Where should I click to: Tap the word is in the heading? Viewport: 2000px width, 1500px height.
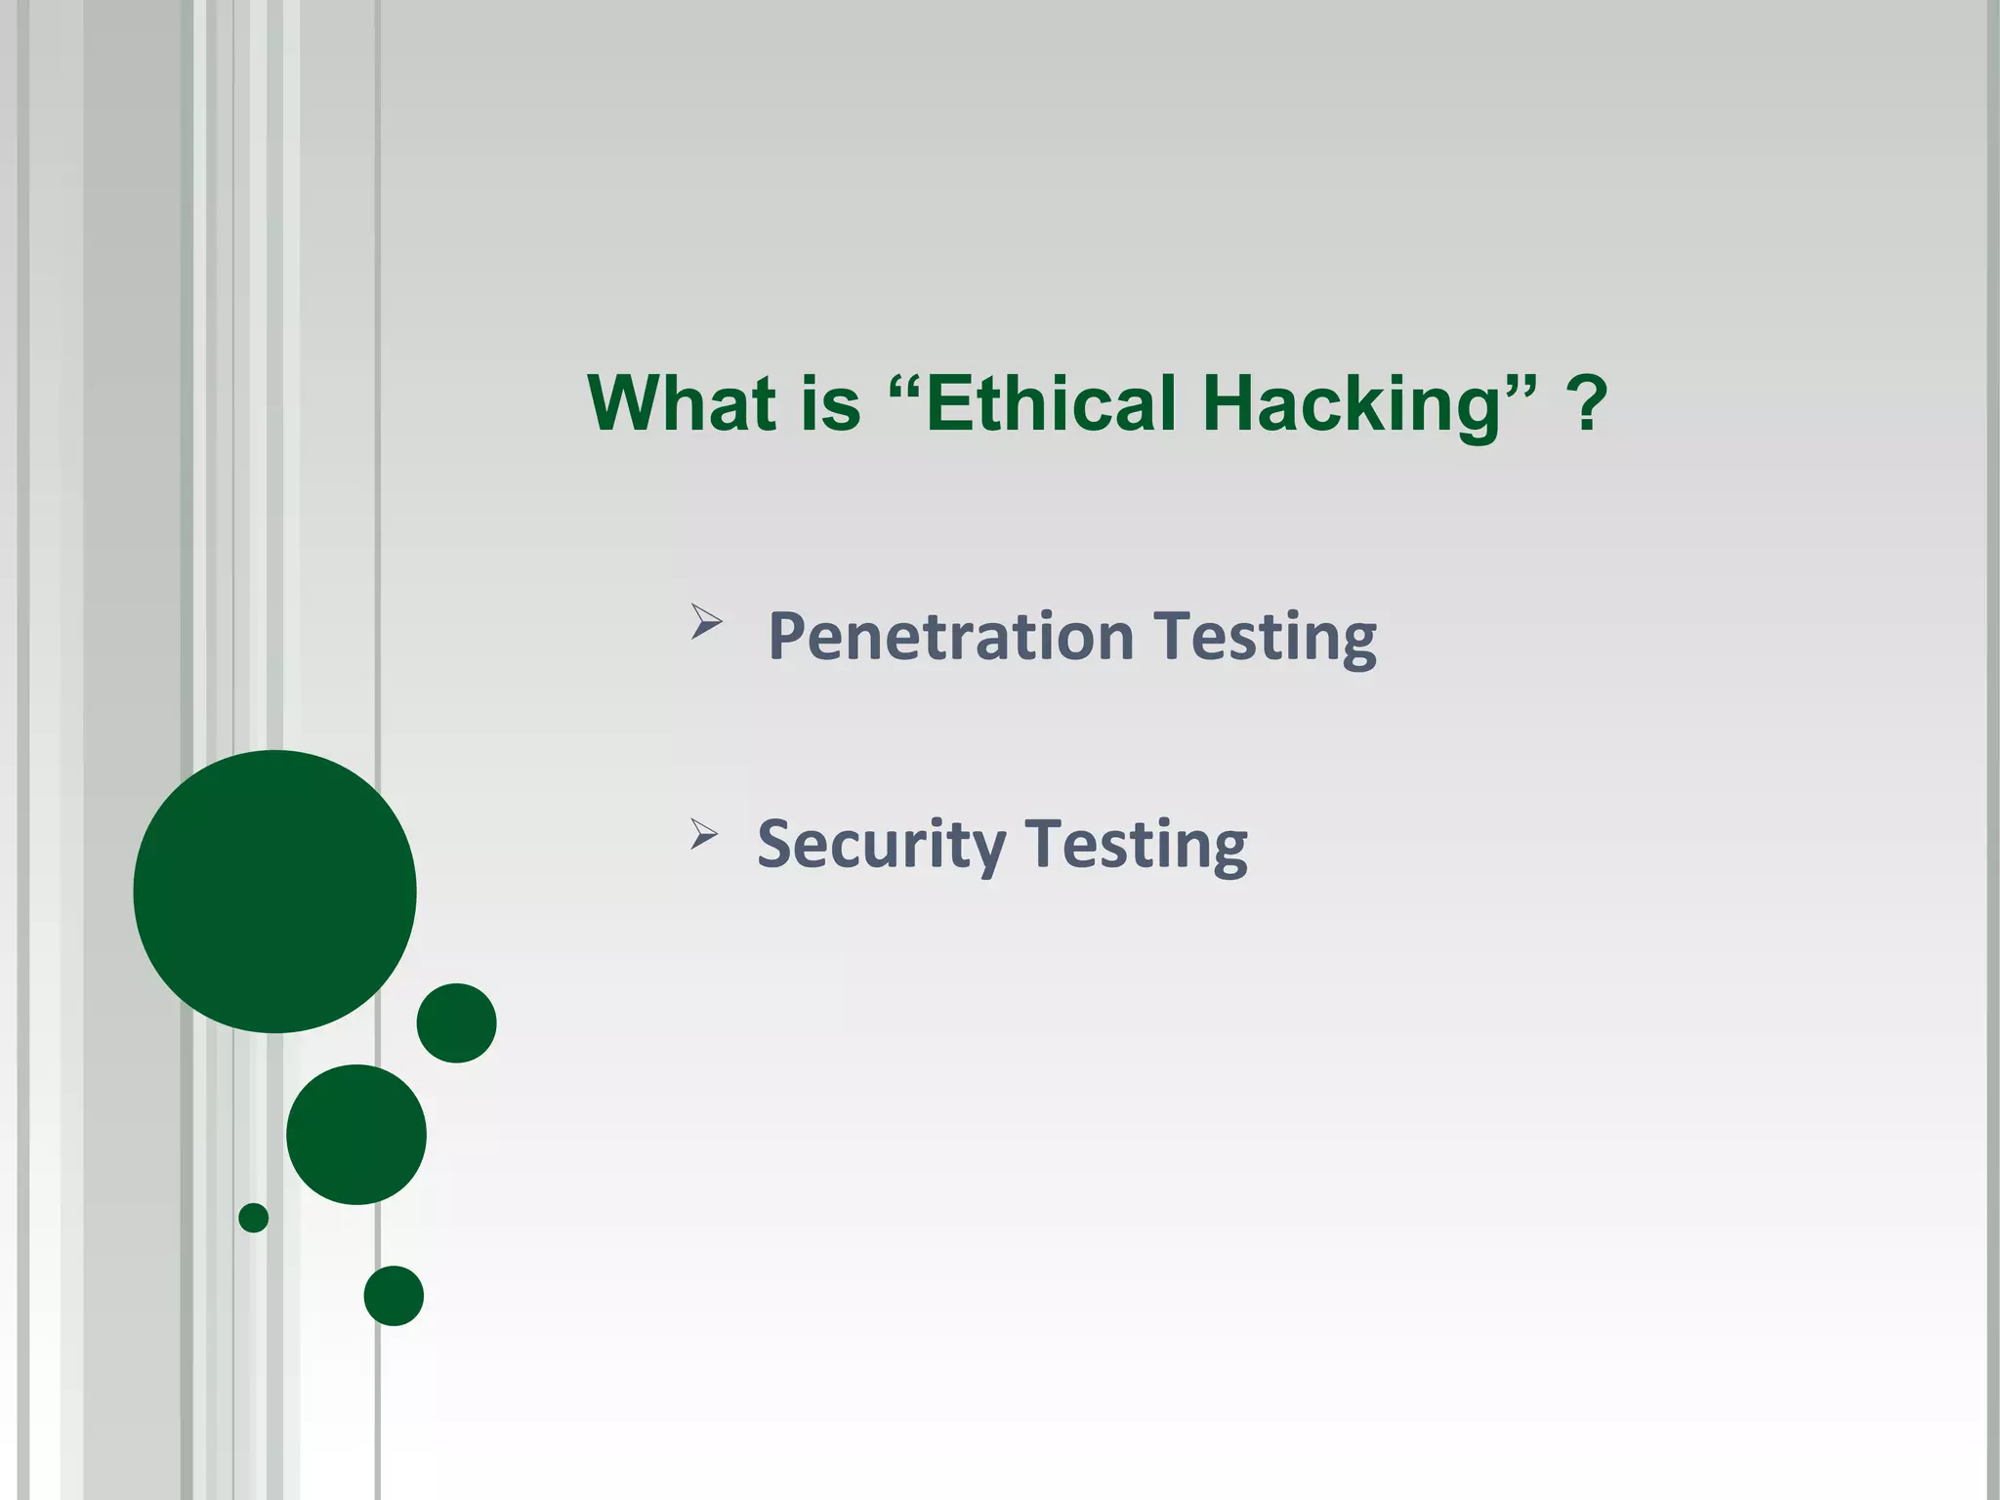coord(831,402)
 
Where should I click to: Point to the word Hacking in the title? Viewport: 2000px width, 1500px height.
coord(1353,404)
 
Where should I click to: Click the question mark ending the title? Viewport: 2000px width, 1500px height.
coord(1587,402)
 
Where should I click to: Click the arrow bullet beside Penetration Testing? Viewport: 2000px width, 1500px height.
coord(705,621)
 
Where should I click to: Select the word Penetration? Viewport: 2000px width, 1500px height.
coord(950,637)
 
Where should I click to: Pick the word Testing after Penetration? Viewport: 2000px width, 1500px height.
coord(1266,637)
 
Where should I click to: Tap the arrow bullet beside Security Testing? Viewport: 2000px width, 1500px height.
coord(703,834)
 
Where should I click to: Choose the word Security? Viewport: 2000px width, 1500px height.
coord(880,844)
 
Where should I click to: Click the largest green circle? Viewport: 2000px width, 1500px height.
coord(274,891)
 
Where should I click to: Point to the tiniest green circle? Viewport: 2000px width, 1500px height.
coord(253,1218)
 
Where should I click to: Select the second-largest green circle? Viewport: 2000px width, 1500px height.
coord(356,1134)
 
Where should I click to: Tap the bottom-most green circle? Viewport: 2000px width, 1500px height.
coord(394,1296)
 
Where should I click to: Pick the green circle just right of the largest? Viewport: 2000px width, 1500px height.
coord(456,1022)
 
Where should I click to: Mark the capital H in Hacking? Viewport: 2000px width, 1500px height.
coord(1230,402)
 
